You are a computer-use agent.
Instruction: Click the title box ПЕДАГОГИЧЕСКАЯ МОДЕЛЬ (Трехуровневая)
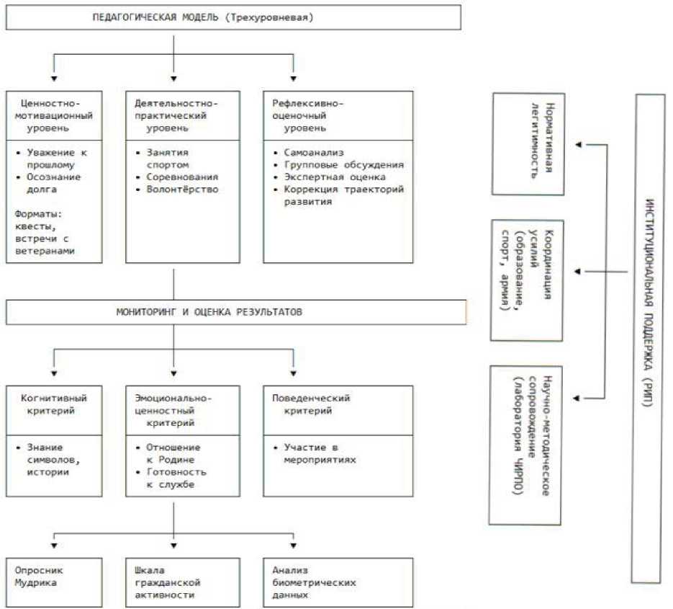click(233, 17)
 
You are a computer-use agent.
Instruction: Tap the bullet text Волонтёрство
click(182, 190)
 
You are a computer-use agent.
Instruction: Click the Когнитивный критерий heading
click(54, 404)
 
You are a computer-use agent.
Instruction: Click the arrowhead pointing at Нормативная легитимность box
click(577, 145)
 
